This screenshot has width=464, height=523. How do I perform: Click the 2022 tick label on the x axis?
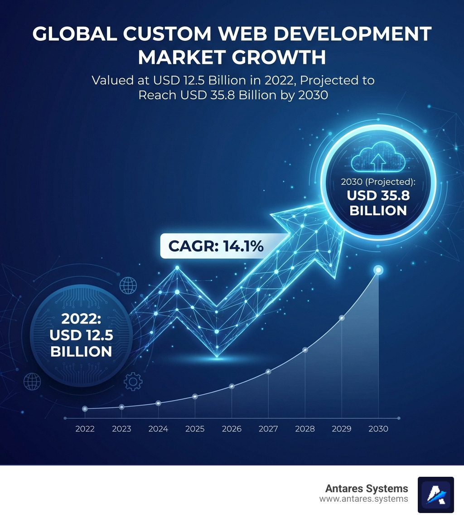click(85, 429)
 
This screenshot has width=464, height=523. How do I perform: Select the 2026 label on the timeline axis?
click(232, 429)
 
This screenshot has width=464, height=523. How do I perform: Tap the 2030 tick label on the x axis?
click(378, 429)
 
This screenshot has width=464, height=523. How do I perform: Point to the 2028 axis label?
click(305, 429)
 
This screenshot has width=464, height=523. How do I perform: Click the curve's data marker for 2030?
click(378, 271)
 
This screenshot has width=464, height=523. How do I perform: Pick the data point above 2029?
click(342, 318)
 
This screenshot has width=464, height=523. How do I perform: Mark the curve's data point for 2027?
click(268, 371)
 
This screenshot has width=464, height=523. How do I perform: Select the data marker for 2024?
click(158, 403)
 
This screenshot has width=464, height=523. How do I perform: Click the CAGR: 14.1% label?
click(216, 246)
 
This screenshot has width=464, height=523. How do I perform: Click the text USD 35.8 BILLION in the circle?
click(377, 203)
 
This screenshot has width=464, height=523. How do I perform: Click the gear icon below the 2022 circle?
click(133, 382)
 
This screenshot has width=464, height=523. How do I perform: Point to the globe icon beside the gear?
click(32, 382)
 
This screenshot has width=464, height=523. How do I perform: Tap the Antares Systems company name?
click(366, 489)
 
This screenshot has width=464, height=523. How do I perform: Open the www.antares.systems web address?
click(363, 499)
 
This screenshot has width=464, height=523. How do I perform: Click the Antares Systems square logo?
click(435, 494)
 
